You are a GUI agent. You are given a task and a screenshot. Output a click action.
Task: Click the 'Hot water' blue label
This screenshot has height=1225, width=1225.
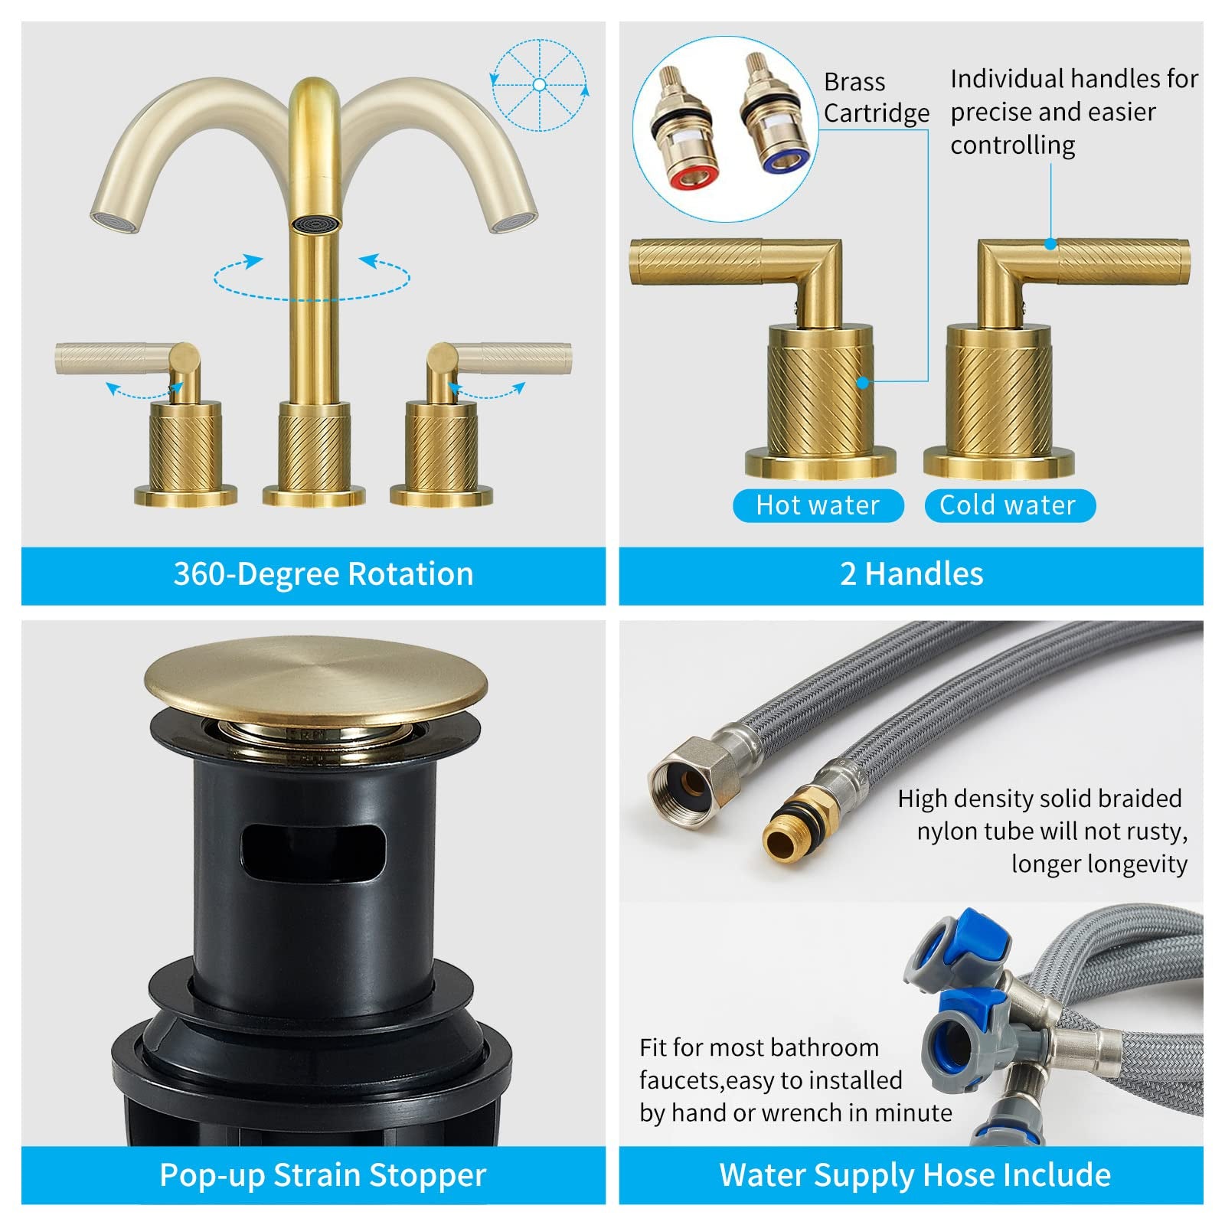tap(818, 505)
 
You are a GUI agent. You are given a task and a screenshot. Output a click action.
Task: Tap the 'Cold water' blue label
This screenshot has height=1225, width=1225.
tap(1008, 505)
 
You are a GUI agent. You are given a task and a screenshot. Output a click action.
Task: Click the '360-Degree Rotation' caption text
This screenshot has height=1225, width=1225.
tap(323, 574)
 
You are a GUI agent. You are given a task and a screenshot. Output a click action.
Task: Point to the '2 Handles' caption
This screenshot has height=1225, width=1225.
tap(911, 574)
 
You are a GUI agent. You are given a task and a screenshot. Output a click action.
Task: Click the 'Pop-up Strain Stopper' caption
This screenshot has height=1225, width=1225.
tap(323, 1174)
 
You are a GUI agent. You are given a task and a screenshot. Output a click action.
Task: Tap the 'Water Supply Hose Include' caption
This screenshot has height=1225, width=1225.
tap(914, 1174)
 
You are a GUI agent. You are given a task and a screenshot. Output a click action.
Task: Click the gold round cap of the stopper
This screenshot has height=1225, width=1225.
tap(315, 682)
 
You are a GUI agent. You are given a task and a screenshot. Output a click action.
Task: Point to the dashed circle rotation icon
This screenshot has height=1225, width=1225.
tap(540, 84)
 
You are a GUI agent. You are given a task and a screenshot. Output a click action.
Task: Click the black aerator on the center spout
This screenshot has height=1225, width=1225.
tap(314, 223)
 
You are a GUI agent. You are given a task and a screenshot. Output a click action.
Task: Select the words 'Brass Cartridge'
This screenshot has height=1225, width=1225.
tap(875, 97)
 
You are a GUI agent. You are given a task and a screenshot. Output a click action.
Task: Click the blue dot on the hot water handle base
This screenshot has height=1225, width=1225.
tap(863, 382)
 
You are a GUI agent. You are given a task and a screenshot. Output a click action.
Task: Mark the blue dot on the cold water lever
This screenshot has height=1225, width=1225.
tap(1050, 243)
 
